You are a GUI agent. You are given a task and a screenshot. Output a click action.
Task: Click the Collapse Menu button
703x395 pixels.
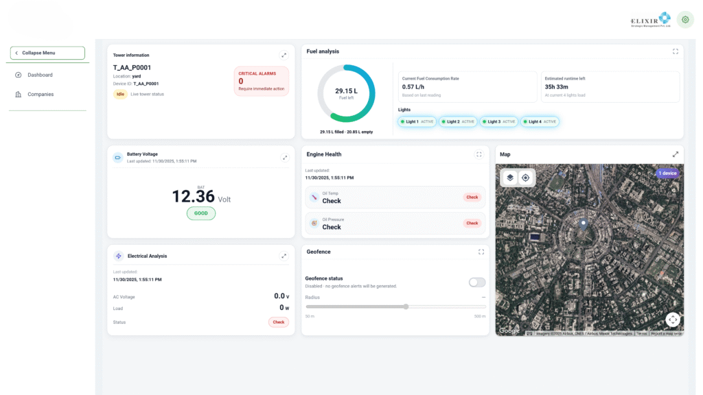[x=47, y=53]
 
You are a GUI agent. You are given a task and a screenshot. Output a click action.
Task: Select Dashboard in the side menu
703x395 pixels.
[x=40, y=75]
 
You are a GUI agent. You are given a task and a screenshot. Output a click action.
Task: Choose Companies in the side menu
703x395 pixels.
[x=40, y=95]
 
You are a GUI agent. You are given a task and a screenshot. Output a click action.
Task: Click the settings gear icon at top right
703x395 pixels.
[x=684, y=19]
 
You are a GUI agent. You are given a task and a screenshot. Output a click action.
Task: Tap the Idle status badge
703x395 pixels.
[x=120, y=94]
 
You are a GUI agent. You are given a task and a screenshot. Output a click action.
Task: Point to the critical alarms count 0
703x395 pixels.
[x=241, y=81]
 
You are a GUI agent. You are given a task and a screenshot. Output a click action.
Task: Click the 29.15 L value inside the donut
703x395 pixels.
[x=346, y=91]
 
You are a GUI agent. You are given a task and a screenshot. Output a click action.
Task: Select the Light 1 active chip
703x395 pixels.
[x=417, y=121]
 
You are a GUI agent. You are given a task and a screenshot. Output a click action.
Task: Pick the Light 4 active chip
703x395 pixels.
[x=540, y=121]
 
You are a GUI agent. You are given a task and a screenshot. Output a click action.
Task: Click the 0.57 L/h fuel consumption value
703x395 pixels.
[x=413, y=87]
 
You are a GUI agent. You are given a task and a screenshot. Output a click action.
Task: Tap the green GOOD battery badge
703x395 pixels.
[x=201, y=213]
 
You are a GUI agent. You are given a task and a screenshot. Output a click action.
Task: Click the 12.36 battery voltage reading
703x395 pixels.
[x=193, y=197]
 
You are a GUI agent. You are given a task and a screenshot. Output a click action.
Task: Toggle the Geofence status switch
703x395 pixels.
[x=476, y=283]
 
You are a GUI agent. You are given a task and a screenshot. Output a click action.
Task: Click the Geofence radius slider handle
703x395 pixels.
[x=406, y=307]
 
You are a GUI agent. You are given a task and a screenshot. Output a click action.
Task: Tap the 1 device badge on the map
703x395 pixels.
[x=667, y=173]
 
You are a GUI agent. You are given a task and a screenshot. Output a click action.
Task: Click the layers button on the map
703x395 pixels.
[x=510, y=178]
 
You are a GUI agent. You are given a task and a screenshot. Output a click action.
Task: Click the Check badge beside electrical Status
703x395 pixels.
[x=278, y=322]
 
